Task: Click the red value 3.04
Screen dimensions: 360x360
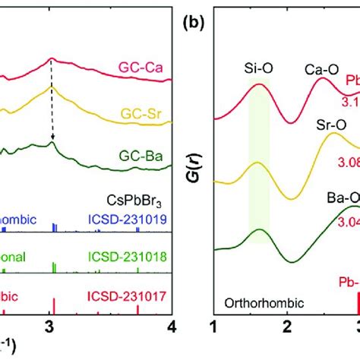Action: coord(346,199)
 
